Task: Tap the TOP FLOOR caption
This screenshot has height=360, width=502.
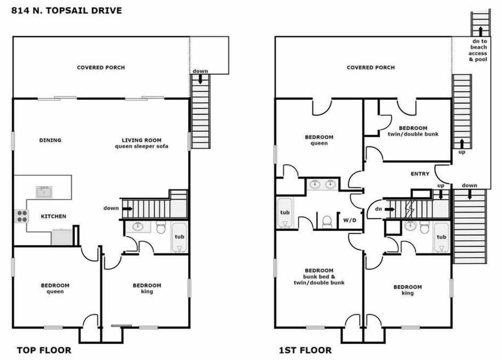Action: [44, 350]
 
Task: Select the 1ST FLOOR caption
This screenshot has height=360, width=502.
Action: [305, 350]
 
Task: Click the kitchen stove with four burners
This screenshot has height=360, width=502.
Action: [21, 216]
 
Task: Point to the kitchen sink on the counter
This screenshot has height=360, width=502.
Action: [44, 192]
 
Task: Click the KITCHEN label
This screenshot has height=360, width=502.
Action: [54, 216]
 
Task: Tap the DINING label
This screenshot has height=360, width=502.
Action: [50, 140]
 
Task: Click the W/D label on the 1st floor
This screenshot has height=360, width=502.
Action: [350, 220]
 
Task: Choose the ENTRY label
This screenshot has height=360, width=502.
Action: [420, 174]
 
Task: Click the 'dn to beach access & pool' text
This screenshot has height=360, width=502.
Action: [478, 50]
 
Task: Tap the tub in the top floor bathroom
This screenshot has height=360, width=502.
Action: [179, 238]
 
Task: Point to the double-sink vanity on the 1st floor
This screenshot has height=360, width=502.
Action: [322, 184]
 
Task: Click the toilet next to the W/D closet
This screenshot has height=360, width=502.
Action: [327, 221]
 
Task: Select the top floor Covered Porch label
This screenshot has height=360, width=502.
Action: [101, 67]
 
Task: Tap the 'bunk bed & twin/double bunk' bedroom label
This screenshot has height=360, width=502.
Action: [318, 276]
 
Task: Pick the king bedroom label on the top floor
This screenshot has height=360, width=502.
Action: [147, 288]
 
